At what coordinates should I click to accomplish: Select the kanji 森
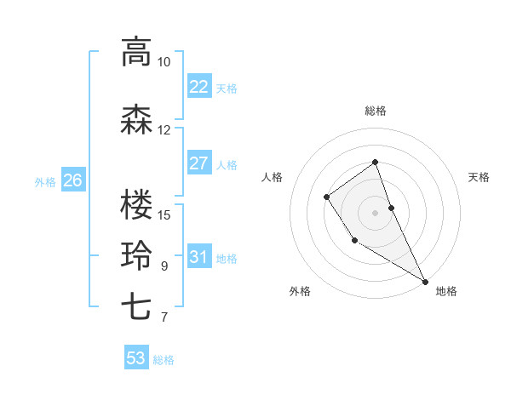click(x=136, y=120)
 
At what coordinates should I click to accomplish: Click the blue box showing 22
click(x=198, y=86)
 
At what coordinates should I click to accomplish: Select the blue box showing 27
click(x=198, y=163)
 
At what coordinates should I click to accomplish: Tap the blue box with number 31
click(x=198, y=257)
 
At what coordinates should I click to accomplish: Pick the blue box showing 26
click(x=73, y=180)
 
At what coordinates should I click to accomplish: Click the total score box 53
click(x=136, y=358)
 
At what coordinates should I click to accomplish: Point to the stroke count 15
click(x=164, y=214)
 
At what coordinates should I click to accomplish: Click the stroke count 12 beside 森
click(x=164, y=130)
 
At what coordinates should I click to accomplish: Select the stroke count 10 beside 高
click(x=164, y=62)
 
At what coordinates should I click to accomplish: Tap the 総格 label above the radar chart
click(x=375, y=111)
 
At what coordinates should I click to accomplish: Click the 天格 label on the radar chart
click(x=479, y=177)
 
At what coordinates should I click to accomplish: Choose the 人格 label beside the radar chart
click(x=272, y=177)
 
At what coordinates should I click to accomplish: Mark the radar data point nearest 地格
click(x=425, y=281)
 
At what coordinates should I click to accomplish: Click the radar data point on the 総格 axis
click(x=375, y=163)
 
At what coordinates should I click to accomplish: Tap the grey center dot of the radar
click(x=375, y=212)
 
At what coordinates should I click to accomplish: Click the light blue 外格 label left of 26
click(x=44, y=181)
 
